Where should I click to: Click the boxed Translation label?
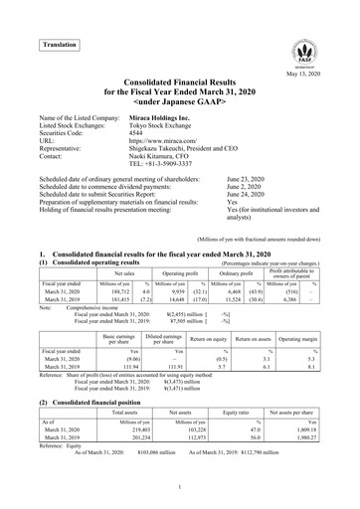click(x=59, y=45)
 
